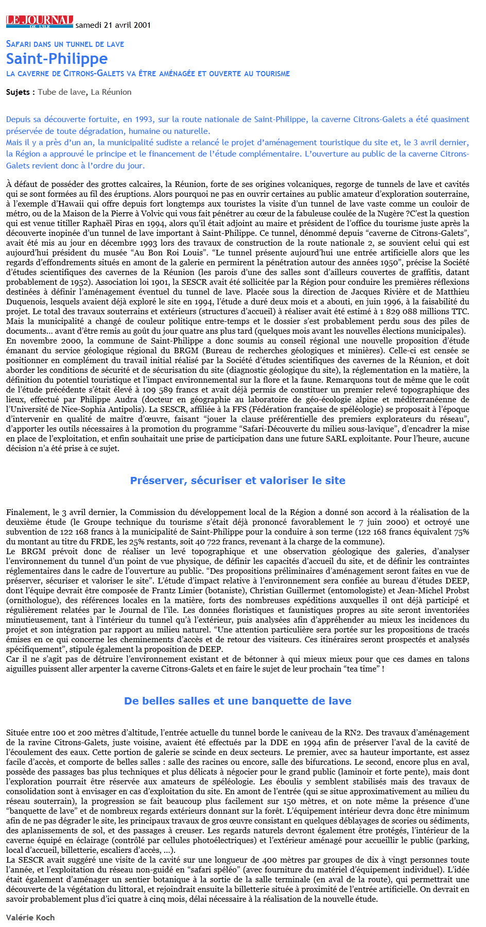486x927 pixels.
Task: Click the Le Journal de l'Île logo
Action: click(x=40, y=22)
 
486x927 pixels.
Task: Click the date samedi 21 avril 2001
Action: click(x=113, y=25)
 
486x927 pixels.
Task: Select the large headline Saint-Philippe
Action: click(x=57, y=59)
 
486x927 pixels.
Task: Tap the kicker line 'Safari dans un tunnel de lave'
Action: click(x=65, y=44)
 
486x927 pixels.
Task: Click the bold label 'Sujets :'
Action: click(x=21, y=92)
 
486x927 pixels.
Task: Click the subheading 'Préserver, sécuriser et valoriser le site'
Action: click(x=238, y=480)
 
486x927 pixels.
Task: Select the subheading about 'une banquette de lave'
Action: click(x=238, y=701)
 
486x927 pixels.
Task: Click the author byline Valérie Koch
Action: click(x=30, y=917)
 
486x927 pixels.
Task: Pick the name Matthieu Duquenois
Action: click(x=31, y=302)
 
